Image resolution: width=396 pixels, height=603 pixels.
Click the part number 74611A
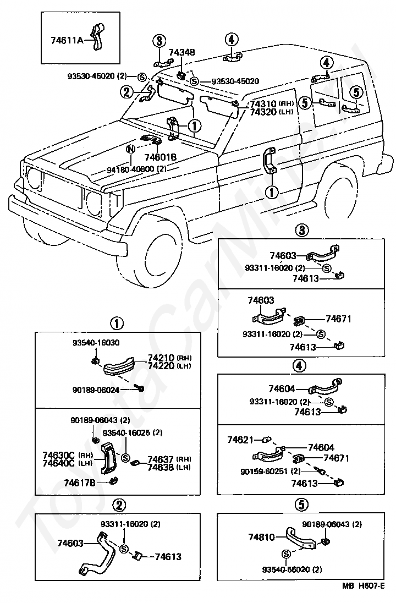coord(67,40)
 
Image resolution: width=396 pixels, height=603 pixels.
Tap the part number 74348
coord(182,52)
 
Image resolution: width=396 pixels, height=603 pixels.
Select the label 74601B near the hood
coord(160,157)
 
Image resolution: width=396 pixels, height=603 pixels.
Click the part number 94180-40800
coord(131,169)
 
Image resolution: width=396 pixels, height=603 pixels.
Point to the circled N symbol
coord(131,149)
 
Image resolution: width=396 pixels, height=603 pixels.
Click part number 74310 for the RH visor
coord(263,104)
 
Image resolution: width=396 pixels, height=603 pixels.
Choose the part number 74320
coord(263,112)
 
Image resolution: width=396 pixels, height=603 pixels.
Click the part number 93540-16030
coord(96,343)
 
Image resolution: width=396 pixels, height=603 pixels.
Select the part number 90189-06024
coord(96,390)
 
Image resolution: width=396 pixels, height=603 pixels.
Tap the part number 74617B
coord(80,483)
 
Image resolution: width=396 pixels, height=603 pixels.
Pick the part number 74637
coord(161,459)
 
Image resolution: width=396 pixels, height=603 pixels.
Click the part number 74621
coord(240,440)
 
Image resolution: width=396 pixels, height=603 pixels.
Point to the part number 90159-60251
coord(264,471)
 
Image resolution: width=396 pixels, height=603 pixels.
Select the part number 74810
coord(261,537)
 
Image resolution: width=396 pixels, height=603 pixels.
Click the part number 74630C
coord(58,456)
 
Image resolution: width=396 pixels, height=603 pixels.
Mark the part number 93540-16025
coord(126,432)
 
